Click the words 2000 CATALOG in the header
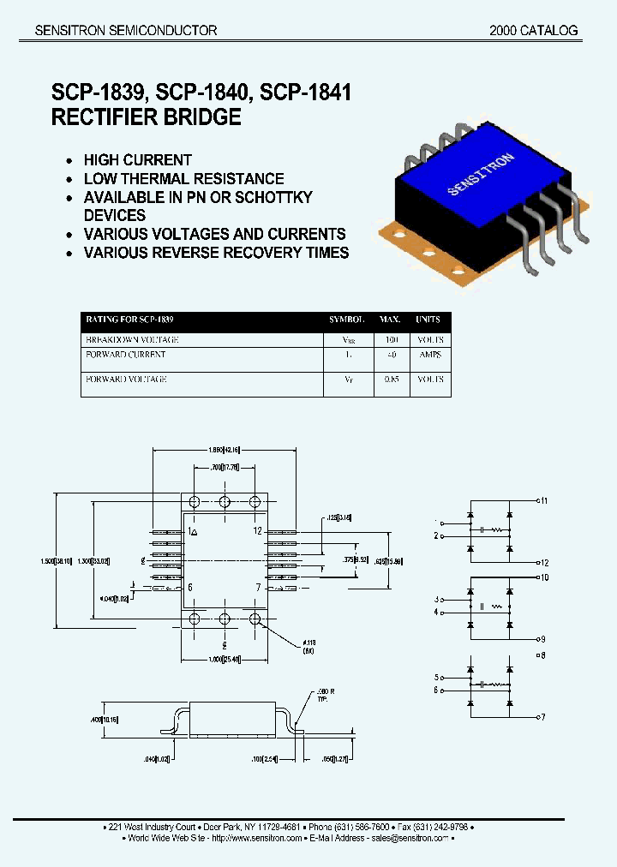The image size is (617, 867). pos(533,30)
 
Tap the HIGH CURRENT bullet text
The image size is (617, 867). pos(137,160)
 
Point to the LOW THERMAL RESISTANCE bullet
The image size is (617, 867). pos(183,179)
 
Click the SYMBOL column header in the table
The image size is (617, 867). pos(347,320)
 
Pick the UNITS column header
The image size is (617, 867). pos(428,320)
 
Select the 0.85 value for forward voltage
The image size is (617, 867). pos(391,379)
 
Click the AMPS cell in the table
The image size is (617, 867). pos(428,355)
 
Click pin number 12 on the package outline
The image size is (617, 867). pos(256,531)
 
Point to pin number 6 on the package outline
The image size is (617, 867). pos(190,588)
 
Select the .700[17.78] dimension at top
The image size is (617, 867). pos(225,468)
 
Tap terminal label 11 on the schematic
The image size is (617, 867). pos(543,499)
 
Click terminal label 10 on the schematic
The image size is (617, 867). pos(543,577)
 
